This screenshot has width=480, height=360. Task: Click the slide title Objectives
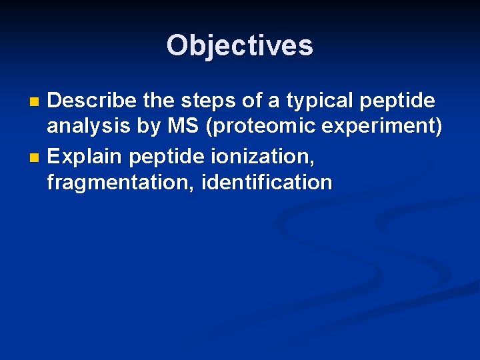pyautogui.click(x=240, y=45)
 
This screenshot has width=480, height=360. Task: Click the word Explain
pyautogui.click(x=85, y=157)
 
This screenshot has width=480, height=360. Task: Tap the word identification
pyautogui.click(x=266, y=182)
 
